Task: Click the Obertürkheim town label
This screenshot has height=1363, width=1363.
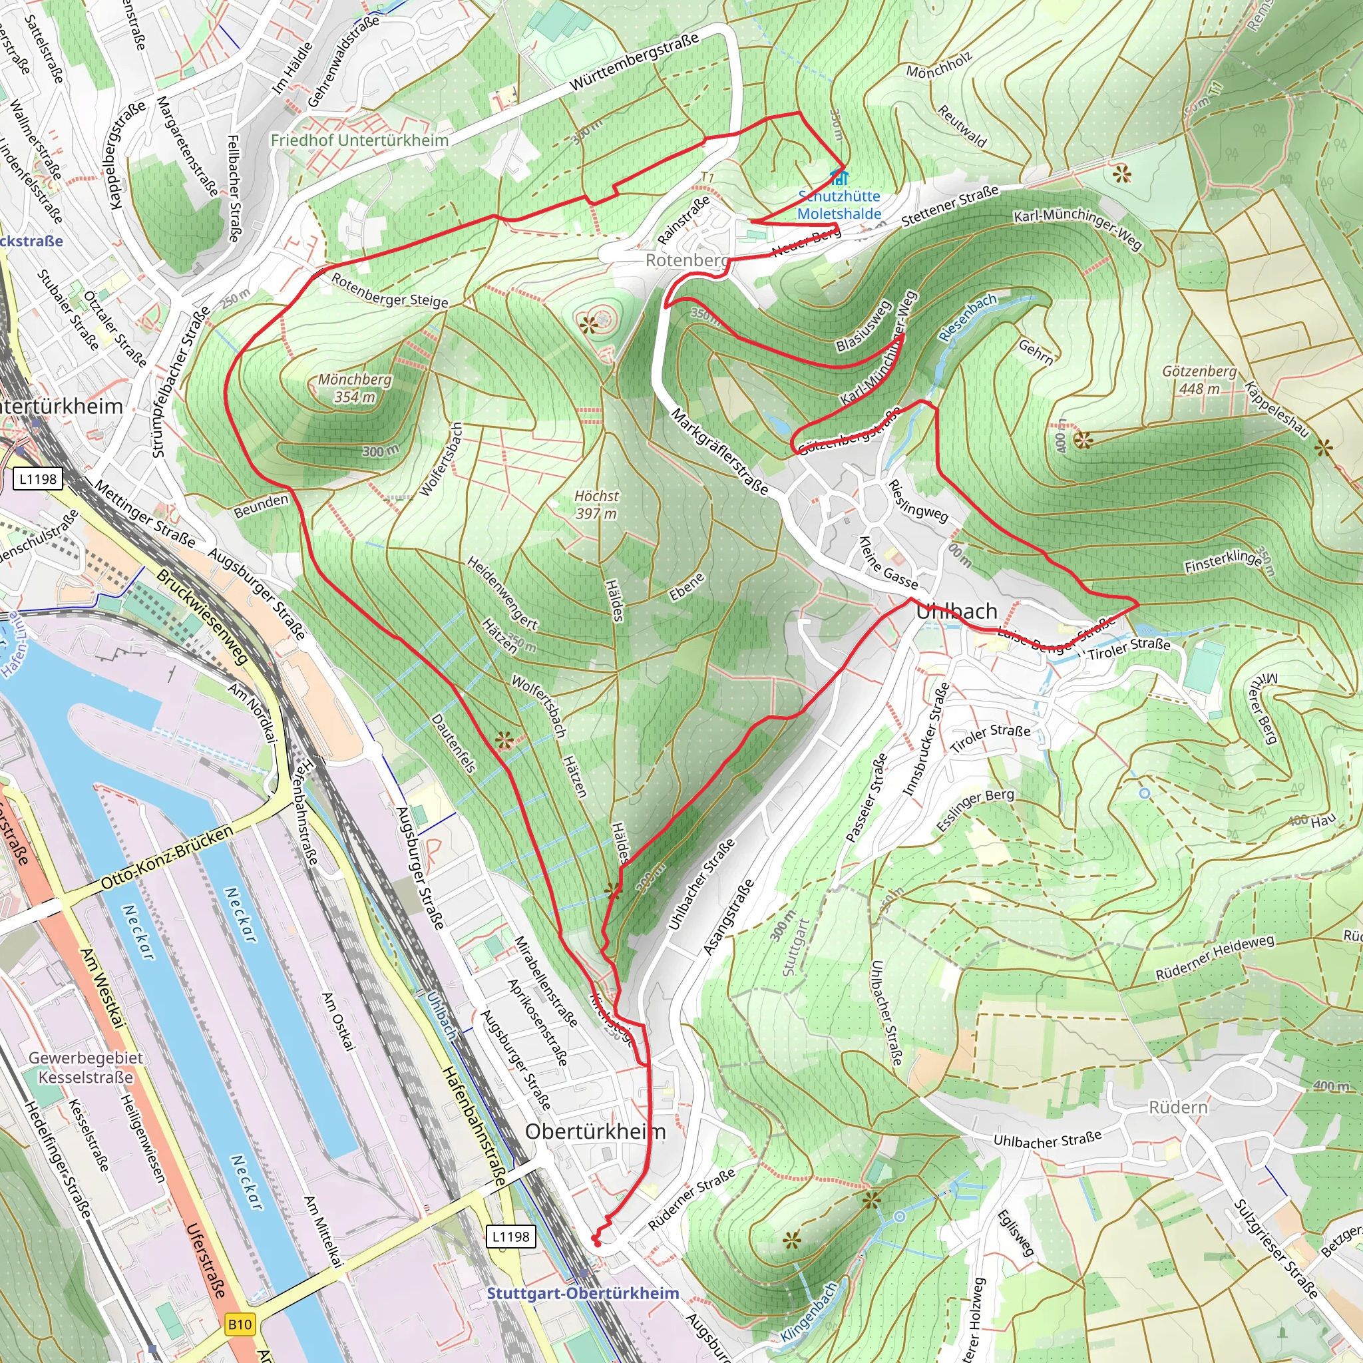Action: (596, 1131)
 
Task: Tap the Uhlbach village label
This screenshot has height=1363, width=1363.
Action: (956, 611)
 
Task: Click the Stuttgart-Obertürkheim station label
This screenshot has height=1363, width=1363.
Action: (583, 1293)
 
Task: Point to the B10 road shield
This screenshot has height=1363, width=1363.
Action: (240, 1324)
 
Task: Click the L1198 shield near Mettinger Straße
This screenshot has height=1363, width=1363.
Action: (38, 479)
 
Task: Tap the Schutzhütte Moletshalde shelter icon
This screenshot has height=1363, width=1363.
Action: (838, 176)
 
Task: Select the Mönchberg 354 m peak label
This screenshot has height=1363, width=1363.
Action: (354, 388)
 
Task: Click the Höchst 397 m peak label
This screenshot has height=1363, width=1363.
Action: (596, 505)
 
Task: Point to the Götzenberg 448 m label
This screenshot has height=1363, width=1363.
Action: (1199, 379)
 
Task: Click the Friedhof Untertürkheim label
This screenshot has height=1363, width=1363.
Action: (360, 140)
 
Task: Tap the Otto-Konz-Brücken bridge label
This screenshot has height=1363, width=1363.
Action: (166, 857)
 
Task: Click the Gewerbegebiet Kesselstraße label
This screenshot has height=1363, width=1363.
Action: (85, 1068)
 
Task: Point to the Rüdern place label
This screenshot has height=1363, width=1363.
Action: (1178, 1107)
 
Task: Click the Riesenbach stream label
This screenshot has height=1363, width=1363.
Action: (968, 317)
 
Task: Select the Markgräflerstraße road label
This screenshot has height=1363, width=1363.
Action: (719, 451)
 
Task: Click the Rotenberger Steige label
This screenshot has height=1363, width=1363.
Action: (389, 291)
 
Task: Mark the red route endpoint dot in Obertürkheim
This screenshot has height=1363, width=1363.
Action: (598, 1244)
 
